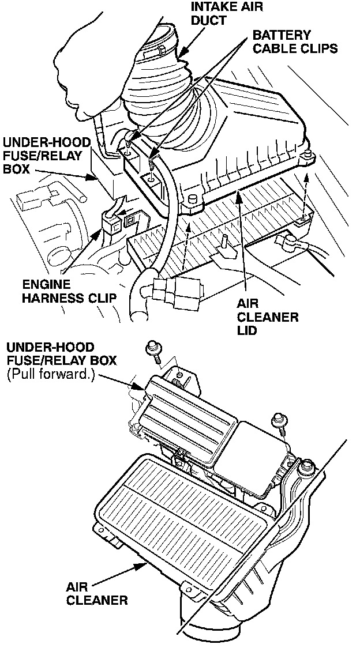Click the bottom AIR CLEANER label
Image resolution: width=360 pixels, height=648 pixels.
click(96, 593)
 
